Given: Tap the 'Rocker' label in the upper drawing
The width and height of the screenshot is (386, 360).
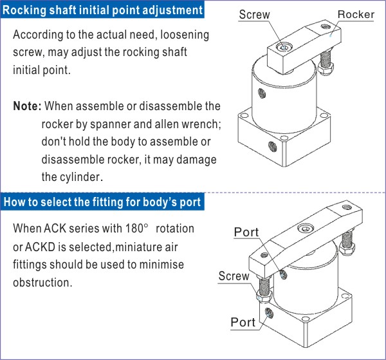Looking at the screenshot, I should (x=355, y=15).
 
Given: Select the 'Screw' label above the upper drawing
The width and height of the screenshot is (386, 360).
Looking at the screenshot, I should (x=254, y=15).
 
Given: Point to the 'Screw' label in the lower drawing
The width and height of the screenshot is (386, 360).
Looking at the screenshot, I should (x=234, y=276).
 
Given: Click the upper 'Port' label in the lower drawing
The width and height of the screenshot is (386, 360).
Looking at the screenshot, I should (x=246, y=232).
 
